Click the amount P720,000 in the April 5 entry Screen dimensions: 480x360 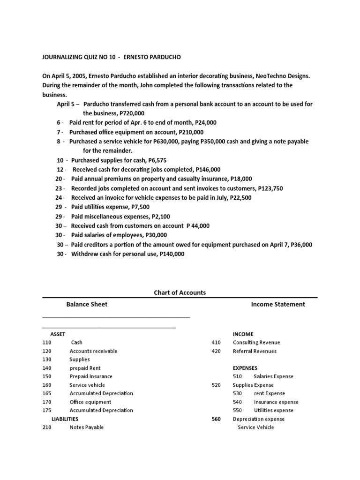pos(132,113)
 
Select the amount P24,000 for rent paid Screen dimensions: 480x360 pos(205,123)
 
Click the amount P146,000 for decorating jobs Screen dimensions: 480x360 pos(205,170)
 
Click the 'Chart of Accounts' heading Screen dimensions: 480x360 pos(180,292)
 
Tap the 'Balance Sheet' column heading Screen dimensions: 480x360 pos(87,304)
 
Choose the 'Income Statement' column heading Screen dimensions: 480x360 pos(278,304)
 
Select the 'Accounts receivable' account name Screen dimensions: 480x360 pos(93,351)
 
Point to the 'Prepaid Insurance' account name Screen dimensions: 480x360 pos(91,376)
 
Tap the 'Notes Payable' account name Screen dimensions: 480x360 pos(87,427)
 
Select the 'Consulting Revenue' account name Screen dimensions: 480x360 pos(256,343)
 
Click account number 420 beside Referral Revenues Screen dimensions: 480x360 pos(216,351)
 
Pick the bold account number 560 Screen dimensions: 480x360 pos(216,419)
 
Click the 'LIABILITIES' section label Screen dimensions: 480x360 pos(65,419)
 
